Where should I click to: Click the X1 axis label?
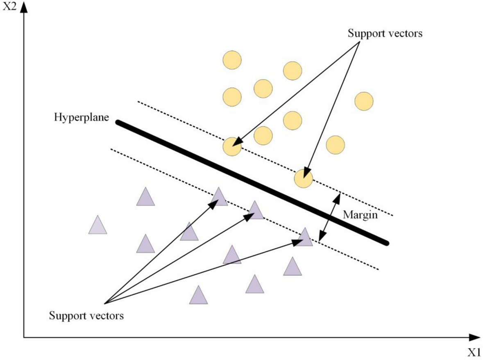pyautogui.click(x=474, y=352)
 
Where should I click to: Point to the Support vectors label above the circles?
pyautogui.click(x=385, y=33)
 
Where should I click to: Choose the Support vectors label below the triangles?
pyautogui.click(x=86, y=316)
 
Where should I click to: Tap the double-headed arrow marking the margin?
pyautogui.click(x=329, y=216)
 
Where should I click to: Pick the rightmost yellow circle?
pyautogui.click(x=364, y=101)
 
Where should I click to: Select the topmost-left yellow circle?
pyautogui.click(x=232, y=60)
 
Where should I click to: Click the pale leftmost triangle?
pyautogui.click(x=98, y=226)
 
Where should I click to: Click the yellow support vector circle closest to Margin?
pyautogui.click(x=304, y=178)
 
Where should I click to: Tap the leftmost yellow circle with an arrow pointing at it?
pyautogui.click(x=232, y=147)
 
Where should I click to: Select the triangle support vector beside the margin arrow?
pyautogui.click(x=305, y=238)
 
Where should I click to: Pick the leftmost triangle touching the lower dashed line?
pyautogui.click(x=219, y=197)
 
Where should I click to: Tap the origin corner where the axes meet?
pyautogui.click(x=24, y=337)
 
